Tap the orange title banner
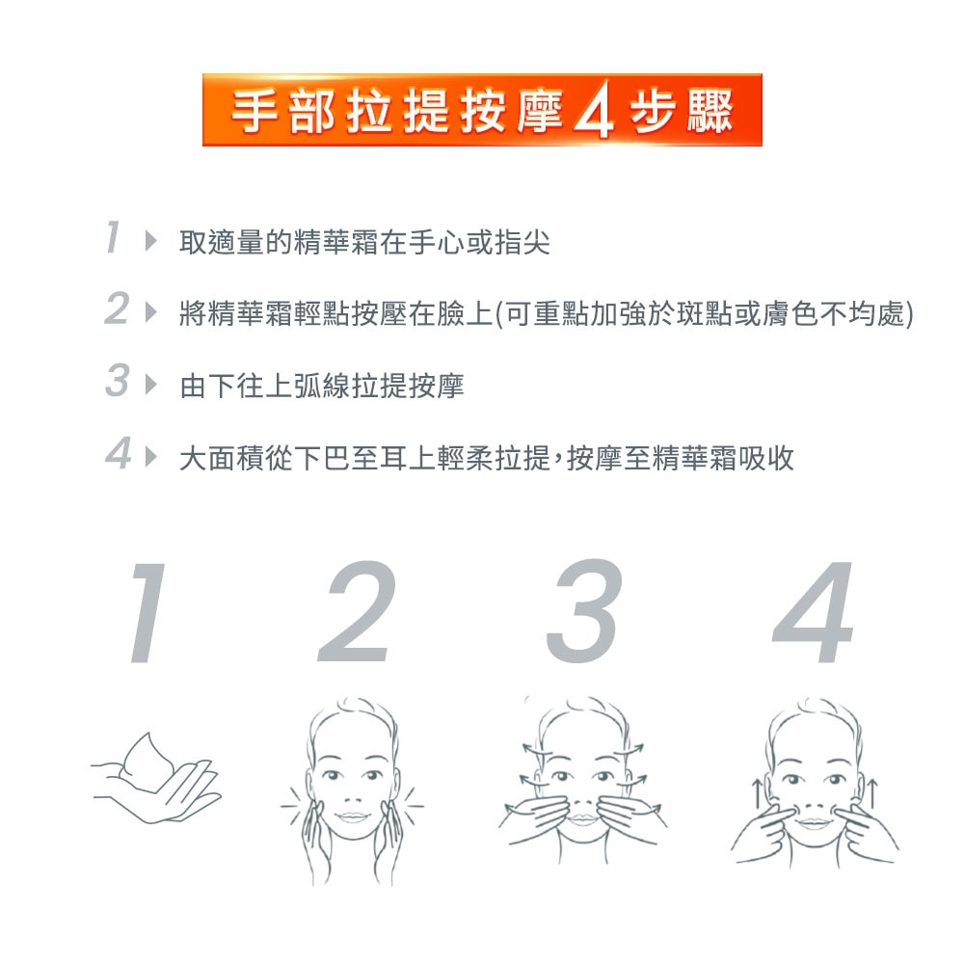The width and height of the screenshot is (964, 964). (x=482, y=110)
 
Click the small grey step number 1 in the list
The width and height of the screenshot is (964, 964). (x=114, y=237)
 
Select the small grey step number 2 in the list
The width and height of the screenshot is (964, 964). (x=116, y=310)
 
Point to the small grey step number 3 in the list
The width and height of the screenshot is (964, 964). (x=116, y=383)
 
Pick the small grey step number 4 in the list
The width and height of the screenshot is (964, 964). (x=117, y=455)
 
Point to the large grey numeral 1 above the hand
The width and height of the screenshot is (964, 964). (x=146, y=613)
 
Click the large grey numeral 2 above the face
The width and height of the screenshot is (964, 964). (x=357, y=613)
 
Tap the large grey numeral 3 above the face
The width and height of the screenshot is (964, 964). (x=581, y=613)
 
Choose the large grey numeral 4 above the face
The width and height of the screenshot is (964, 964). (x=815, y=613)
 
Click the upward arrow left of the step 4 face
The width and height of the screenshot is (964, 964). (x=758, y=794)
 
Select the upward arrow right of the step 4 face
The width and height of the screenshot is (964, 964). (x=872, y=794)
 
